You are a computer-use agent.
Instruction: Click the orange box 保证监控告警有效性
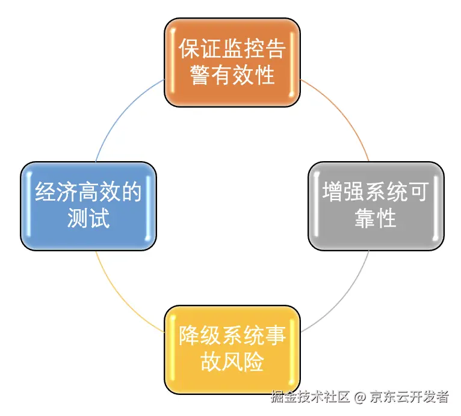(232, 63)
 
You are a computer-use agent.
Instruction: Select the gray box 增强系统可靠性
(376, 205)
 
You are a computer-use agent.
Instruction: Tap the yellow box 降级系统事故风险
(232, 349)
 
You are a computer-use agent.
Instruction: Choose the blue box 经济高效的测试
(88, 205)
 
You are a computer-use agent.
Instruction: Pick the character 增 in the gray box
(333, 192)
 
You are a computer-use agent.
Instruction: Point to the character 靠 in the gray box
(365, 218)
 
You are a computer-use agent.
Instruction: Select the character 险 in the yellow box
(253, 362)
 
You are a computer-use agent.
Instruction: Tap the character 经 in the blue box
(45, 192)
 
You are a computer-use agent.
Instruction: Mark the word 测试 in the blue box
(88, 218)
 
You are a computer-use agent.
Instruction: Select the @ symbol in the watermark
(359, 397)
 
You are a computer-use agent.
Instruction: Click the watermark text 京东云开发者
(409, 397)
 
